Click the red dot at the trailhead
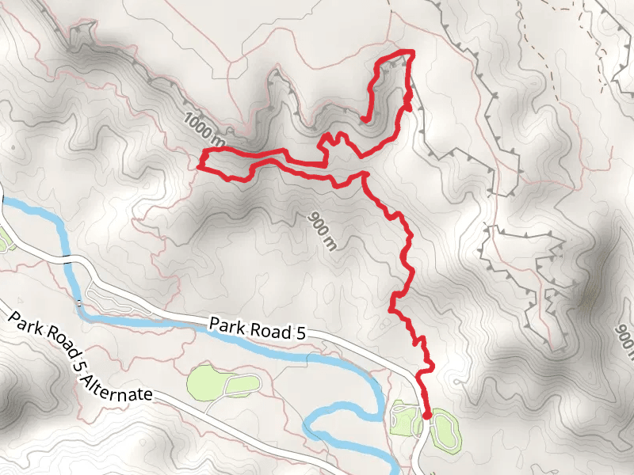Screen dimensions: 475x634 click(427, 415)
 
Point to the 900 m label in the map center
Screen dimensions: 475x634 click(321, 231)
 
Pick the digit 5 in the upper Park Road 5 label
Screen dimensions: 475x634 click(300, 335)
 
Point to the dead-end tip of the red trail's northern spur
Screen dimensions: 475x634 click(363, 120)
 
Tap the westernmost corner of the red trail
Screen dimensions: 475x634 click(198, 165)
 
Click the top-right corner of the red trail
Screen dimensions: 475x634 click(412, 52)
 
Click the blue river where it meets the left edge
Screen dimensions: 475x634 click(3, 201)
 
